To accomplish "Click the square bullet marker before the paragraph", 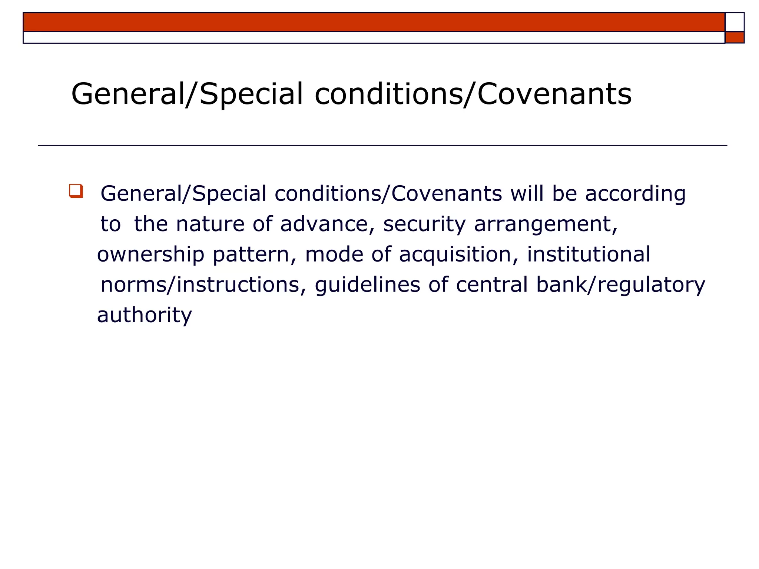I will (76, 191).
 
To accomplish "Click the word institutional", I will (589, 254).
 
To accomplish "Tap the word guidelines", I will (367, 286).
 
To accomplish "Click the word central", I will (492, 285).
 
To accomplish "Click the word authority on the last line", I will (144, 316).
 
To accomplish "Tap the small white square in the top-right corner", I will (734, 22).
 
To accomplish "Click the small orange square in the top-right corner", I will (734, 37).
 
